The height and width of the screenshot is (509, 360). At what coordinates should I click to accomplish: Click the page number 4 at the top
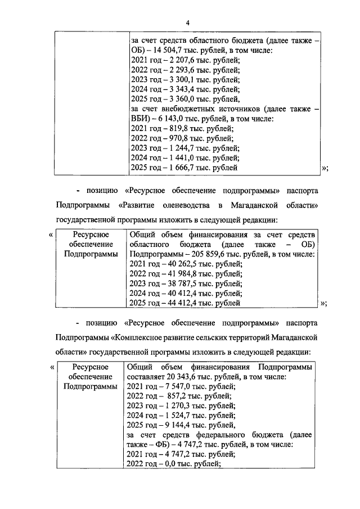coord(188,22)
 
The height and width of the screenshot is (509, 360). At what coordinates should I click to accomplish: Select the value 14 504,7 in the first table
coord(169,51)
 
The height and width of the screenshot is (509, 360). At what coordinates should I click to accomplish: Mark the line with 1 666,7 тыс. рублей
coord(183,168)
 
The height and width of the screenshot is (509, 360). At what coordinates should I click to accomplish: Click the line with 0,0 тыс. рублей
coord(174,464)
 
